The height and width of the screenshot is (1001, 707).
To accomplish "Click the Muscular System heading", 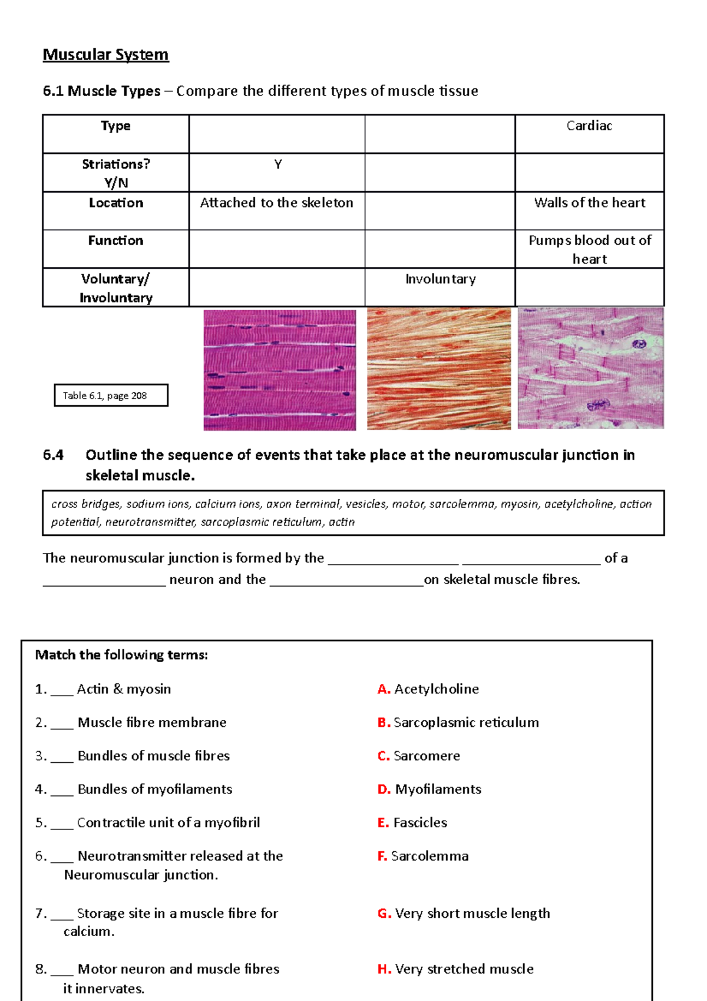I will point(105,55).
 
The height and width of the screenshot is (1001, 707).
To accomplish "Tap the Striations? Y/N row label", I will point(115,173).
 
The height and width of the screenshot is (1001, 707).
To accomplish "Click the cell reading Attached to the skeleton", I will point(276,203).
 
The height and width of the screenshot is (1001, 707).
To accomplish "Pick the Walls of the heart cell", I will point(589,203).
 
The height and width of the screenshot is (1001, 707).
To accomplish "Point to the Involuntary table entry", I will point(440,279).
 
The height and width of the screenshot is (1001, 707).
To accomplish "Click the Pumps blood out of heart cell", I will point(589,249).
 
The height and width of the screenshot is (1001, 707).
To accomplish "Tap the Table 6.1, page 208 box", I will point(111,396).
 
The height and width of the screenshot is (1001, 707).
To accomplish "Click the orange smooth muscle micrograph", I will point(438,369).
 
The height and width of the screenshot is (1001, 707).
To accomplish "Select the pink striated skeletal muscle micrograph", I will point(279,370).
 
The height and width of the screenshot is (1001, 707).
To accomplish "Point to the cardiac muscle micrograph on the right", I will point(590,368).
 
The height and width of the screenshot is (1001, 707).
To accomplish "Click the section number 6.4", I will point(53,455).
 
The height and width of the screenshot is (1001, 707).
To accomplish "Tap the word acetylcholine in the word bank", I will point(579,504).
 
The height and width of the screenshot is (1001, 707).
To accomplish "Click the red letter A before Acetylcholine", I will point(384,689).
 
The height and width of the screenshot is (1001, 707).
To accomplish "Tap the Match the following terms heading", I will point(121,655).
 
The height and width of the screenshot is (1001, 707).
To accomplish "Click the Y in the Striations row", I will point(277,164).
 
